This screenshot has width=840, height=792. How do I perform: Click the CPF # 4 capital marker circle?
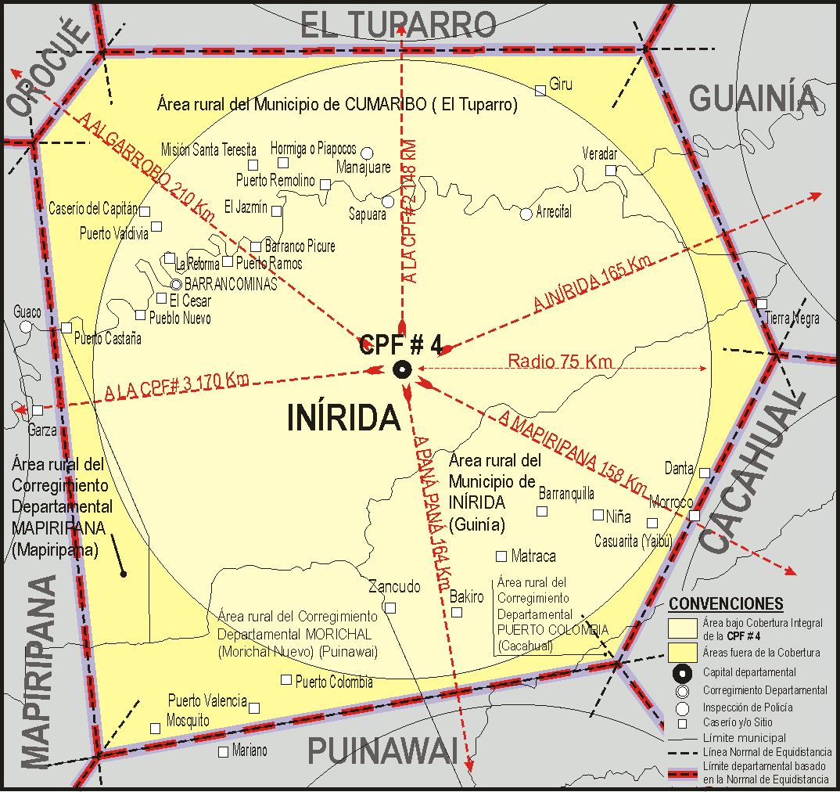(402, 369)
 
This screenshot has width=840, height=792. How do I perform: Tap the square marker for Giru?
(540, 91)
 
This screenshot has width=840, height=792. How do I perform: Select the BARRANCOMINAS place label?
(231, 285)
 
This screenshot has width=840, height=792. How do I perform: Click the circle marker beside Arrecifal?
(526, 213)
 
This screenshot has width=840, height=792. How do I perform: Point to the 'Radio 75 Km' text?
(560, 362)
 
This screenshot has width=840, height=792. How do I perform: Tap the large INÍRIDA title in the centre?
(344, 418)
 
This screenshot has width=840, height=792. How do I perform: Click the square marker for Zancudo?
(390, 607)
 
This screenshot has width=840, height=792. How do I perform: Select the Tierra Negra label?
(792, 319)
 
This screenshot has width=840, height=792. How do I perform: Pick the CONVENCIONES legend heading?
(726, 604)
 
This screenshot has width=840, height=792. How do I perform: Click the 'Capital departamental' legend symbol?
(682, 672)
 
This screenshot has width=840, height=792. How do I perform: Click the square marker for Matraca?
(501, 556)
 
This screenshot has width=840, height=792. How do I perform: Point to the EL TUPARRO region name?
(399, 25)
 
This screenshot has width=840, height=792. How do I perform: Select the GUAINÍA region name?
(755, 99)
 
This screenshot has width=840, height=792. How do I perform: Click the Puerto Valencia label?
(207, 701)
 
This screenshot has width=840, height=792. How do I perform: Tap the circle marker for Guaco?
(26, 326)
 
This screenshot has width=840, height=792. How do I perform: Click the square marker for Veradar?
(611, 170)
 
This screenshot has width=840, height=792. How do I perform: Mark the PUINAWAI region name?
(382, 751)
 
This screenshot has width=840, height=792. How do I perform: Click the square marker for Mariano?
(224, 751)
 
